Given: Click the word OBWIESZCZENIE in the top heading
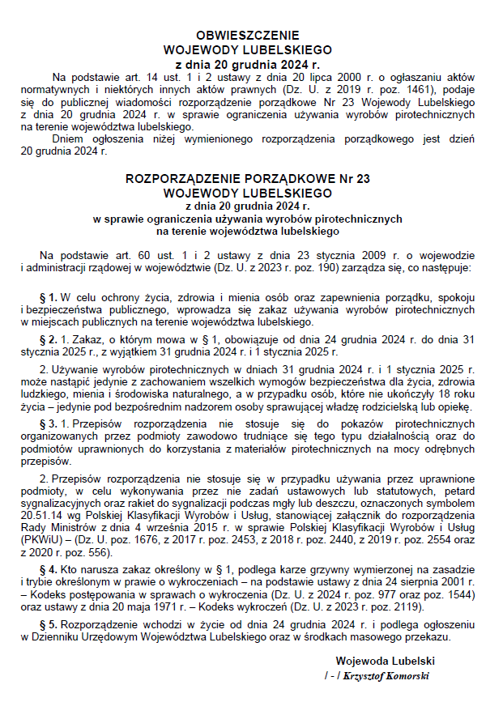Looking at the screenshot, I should pos(248,35).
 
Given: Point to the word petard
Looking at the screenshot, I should pos(456,491).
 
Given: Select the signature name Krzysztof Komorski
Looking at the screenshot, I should pos(386,675).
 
